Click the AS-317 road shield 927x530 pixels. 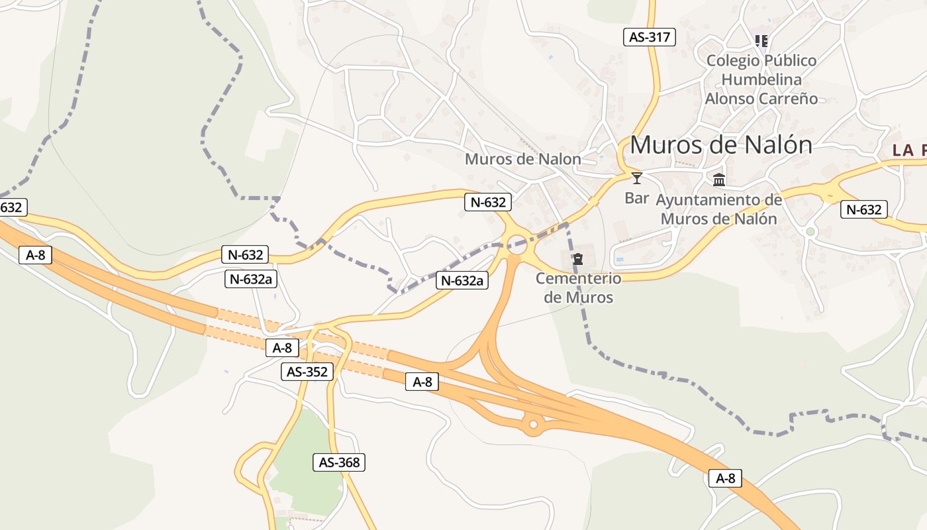point(650,37)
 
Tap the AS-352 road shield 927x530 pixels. point(307,372)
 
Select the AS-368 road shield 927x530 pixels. point(339,462)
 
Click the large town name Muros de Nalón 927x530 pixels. point(721,144)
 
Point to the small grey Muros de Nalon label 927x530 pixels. point(522,159)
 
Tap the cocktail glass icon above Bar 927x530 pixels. point(637,178)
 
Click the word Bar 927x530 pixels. point(637,197)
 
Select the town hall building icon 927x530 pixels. point(719,179)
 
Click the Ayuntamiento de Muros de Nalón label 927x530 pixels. point(719,209)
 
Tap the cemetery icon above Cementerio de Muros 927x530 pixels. point(578,258)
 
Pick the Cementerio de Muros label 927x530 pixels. point(579,288)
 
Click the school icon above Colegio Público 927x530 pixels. point(761,41)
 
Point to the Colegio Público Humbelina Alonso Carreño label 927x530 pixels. point(761,79)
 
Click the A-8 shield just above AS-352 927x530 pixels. point(283,348)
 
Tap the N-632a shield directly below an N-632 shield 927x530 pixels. point(251,279)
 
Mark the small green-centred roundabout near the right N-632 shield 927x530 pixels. point(810,231)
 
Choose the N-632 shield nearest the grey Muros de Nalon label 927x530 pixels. point(488,202)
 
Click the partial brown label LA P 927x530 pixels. point(909,150)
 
